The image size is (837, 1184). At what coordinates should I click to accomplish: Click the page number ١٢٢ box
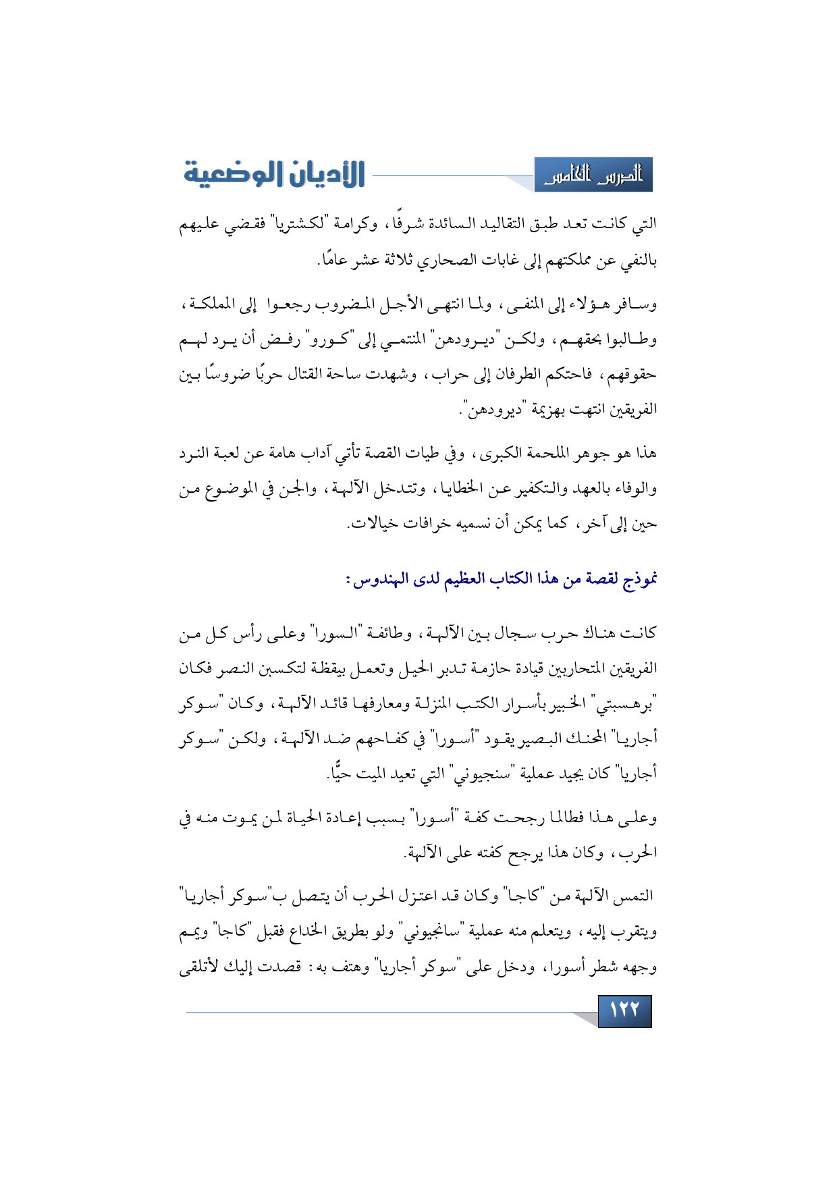tap(624, 1011)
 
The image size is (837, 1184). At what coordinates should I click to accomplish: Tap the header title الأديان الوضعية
tap(275, 174)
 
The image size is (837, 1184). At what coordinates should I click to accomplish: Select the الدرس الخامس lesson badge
tap(593, 176)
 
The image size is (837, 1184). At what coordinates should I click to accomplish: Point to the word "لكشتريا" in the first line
tap(295, 223)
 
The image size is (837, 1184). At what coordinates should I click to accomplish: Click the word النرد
tap(196, 453)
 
